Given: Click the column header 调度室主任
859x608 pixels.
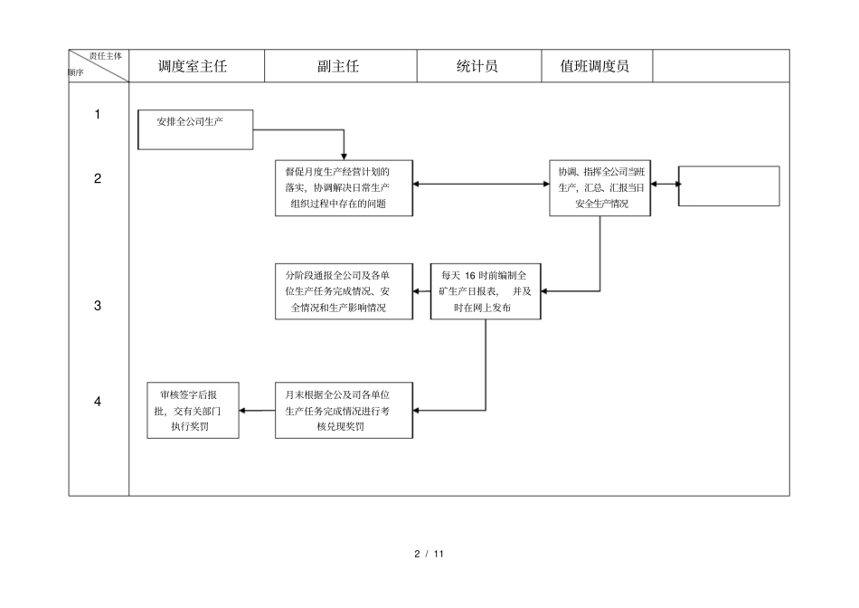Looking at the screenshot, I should [x=192, y=66].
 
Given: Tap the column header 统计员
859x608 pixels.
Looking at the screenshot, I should [x=477, y=66].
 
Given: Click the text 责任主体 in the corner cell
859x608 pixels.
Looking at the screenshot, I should [x=106, y=56].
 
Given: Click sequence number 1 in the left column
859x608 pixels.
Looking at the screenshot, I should [x=98, y=114].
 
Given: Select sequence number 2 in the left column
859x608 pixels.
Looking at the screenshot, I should [x=98, y=178].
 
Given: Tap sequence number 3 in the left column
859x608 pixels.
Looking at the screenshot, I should [x=98, y=306].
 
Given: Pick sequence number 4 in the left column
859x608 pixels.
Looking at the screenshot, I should [x=98, y=402].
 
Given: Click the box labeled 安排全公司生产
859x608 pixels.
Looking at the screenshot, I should [x=195, y=129].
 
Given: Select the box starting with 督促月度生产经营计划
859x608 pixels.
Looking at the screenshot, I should [x=344, y=188].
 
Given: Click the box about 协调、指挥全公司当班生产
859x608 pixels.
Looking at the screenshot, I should [x=600, y=188].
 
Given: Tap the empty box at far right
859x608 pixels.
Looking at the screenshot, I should [x=729, y=185].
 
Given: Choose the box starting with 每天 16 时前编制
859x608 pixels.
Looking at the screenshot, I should [x=486, y=291].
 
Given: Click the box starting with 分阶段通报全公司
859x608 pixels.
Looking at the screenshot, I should [x=344, y=291].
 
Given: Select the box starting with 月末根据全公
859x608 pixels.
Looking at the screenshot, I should [x=344, y=410].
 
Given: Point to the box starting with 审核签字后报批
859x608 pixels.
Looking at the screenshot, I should [x=193, y=410].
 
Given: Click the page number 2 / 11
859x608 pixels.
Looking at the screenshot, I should [x=429, y=553].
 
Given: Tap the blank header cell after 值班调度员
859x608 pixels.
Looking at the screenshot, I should [x=721, y=66].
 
